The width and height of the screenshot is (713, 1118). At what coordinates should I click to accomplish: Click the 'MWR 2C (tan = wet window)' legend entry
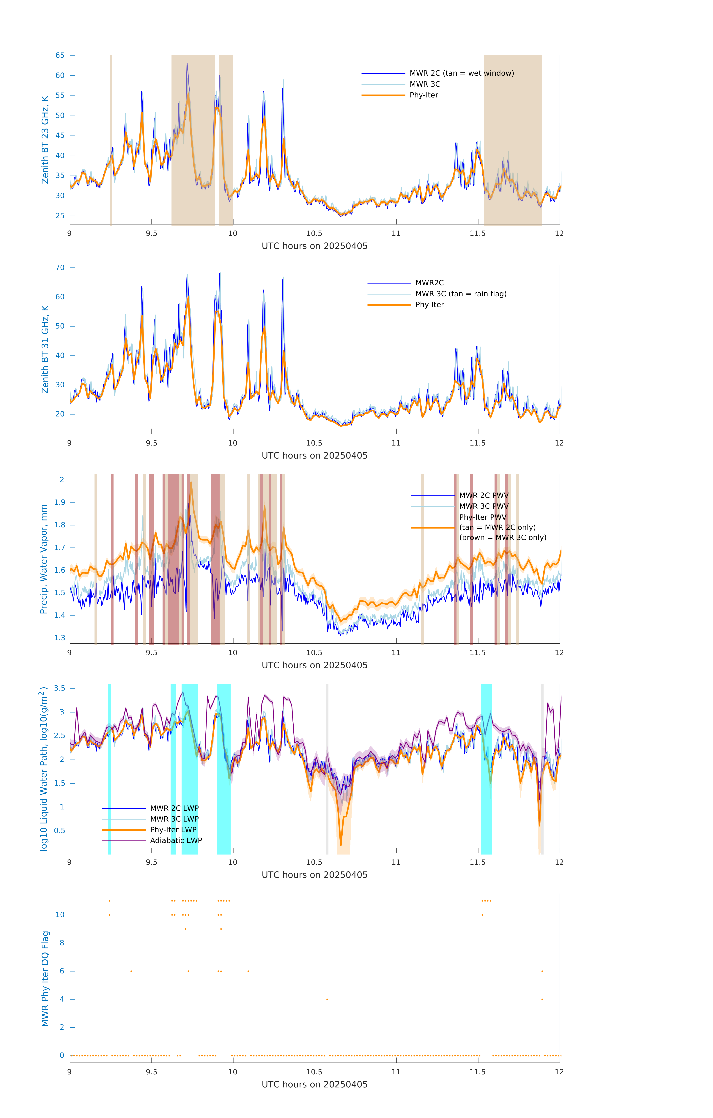[x=461, y=73]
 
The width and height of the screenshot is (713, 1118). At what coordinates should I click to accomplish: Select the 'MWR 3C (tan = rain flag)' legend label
[x=460, y=294]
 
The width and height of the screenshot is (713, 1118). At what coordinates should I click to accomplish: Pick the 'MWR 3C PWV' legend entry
[x=484, y=506]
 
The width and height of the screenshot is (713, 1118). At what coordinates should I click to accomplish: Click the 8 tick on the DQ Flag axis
[x=62, y=943]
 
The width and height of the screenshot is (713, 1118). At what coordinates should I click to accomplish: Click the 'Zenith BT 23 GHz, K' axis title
[x=45, y=140]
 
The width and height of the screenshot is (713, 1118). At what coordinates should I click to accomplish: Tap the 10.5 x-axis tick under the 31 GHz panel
[x=314, y=443]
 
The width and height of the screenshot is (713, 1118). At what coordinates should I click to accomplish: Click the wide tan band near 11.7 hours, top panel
[x=512, y=139]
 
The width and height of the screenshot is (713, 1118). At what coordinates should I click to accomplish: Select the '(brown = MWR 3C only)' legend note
[x=503, y=538]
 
